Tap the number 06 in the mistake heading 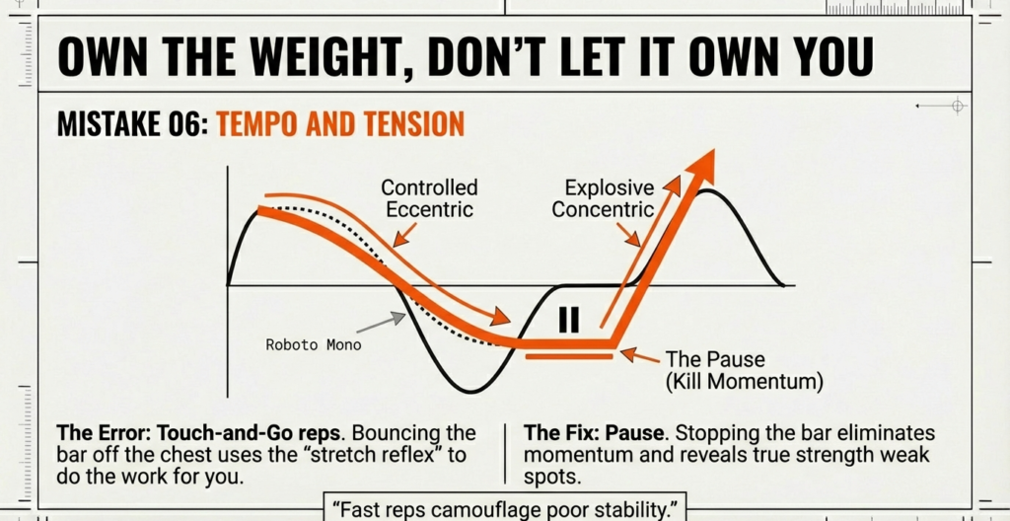pos(188,124)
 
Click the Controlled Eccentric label pos(429,198)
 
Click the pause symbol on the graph pos(569,319)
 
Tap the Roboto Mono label pos(314,345)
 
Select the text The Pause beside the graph pos(715,360)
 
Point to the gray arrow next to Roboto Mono pos(382,323)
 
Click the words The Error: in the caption pos(98,433)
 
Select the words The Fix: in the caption pos(563,433)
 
